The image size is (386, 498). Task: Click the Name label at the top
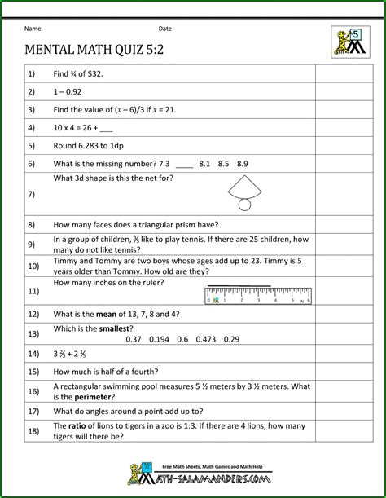(33, 29)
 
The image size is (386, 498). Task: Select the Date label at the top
(164, 29)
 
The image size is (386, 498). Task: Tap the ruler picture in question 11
(258, 294)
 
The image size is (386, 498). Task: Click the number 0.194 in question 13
(159, 339)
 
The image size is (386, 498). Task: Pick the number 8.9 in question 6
(242, 164)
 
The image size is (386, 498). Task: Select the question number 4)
(32, 127)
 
